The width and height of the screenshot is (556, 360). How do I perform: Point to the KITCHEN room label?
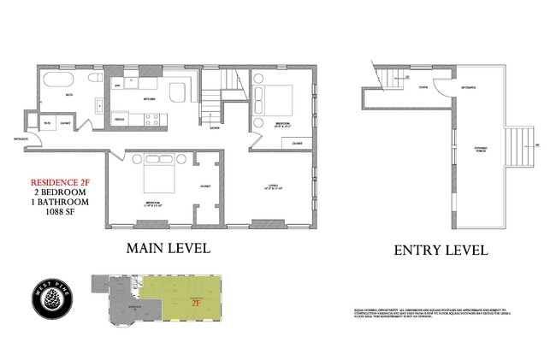tap(149, 99)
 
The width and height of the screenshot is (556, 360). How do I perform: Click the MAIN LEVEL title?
tap(169, 248)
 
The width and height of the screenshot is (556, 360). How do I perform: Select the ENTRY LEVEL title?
tap(441, 251)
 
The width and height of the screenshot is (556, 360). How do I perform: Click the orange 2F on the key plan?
tap(196, 301)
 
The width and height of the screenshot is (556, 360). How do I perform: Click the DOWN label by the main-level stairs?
tap(214, 127)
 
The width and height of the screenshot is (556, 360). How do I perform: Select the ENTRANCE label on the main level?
tap(20, 137)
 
